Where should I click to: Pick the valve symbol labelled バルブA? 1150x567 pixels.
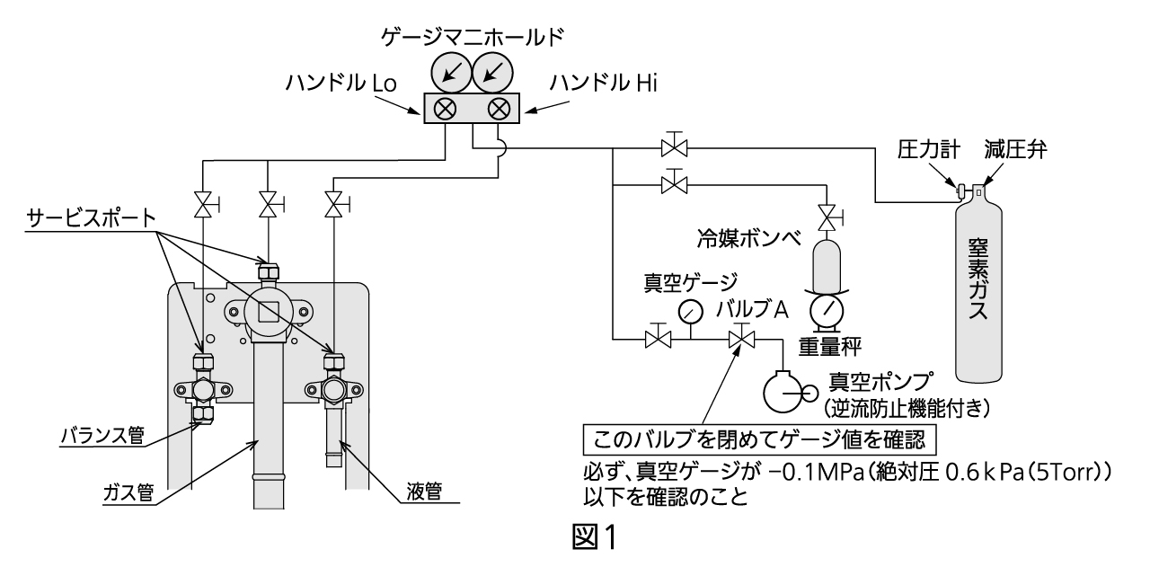pyautogui.click(x=742, y=340)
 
